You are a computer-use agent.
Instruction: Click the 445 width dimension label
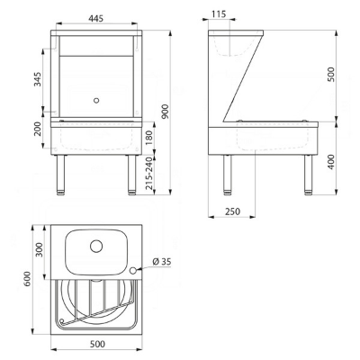tap(95, 18)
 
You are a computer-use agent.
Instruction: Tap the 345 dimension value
tap(38, 79)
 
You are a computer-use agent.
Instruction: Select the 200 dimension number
tap(38, 130)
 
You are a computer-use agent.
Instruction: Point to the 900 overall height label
tap(166, 112)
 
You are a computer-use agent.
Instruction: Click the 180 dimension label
tap(149, 137)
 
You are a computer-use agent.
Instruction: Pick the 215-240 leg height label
tap(149, 174)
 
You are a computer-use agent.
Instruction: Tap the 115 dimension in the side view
tap(219, 14)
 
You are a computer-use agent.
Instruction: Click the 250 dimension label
tap(232, 211)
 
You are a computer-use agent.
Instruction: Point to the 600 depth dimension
tap(27, 279)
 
